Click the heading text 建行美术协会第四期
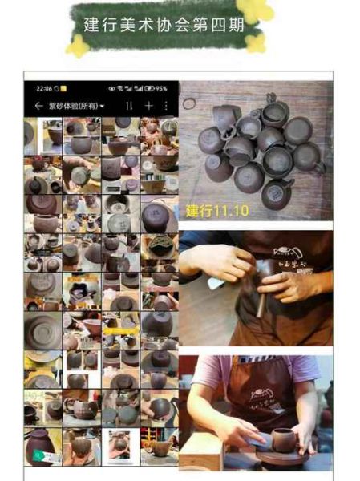pos(172,23)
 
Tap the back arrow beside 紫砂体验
pos(38,106)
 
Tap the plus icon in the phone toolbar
pos(148,106)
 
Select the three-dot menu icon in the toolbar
pos(166,106)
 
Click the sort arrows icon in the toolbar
pos(129,106)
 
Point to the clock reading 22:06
pos(43,88)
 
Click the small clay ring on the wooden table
pos(189,103)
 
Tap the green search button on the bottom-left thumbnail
pos(36,455)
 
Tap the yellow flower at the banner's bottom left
pos(77,46)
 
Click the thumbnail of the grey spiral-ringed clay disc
pos(42,329)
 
